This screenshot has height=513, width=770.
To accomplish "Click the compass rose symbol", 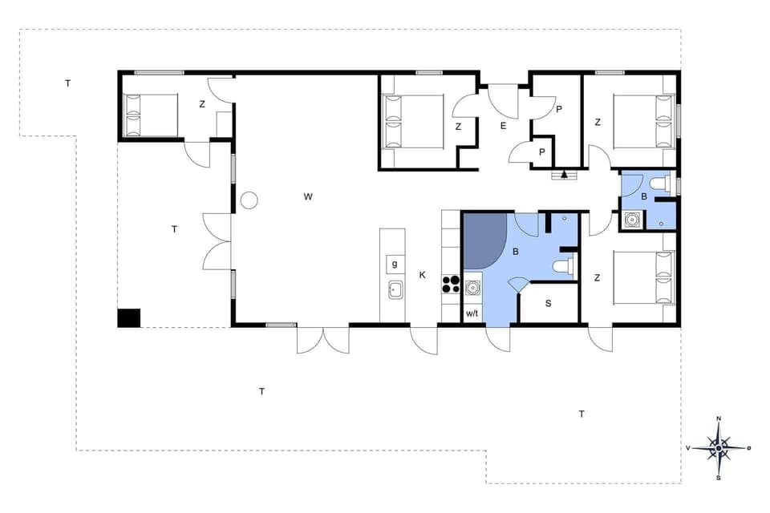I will pos(719,448).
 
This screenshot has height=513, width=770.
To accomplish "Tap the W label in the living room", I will pos(308,196).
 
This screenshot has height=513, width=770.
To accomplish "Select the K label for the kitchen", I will pos(423,275).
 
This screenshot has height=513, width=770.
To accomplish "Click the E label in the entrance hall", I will pos(504,126).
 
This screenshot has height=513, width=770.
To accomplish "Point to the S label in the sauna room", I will pos(549,304).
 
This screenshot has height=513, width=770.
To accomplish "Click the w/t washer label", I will pos(472,313).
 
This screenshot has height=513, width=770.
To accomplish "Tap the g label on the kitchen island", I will pos(394,264).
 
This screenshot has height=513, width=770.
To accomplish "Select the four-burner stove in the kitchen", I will pos(451,284).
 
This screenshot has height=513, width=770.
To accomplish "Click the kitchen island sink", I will pos(395,289).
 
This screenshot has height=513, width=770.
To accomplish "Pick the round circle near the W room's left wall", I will pos(249,200).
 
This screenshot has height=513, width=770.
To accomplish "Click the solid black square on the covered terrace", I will pos(128,317).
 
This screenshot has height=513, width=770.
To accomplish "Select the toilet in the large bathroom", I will pos(564,267).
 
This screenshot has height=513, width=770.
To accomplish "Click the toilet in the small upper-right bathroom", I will pos(659,184).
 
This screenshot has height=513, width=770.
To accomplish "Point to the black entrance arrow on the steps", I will pos(565,173).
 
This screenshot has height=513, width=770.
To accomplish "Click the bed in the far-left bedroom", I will pos(151,115).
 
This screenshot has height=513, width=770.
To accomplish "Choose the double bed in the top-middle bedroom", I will pos(414,122).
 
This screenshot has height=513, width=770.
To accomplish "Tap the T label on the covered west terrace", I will pos(174,229).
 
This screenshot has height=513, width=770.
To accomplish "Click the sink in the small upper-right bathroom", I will pos(633,219).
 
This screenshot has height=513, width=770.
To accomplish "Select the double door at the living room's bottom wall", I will pos(323,340).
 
